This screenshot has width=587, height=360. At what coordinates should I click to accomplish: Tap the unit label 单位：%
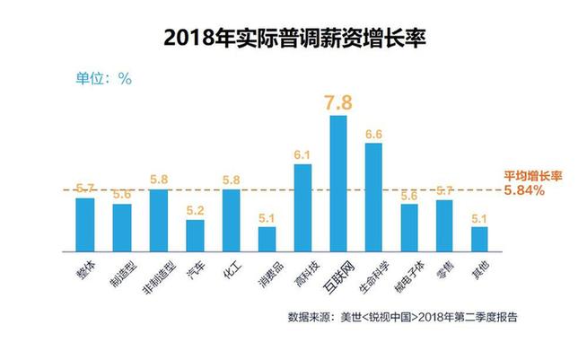click(103, 78)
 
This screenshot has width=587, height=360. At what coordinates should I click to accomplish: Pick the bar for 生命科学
click(373, 197)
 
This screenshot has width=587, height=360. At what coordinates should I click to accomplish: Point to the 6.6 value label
click(373, 134)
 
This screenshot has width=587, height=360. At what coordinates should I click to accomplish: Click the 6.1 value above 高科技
click(302, 155)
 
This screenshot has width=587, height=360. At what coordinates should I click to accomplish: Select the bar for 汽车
click(195, 235)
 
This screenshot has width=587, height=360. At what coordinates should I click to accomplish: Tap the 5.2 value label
click(195, 210)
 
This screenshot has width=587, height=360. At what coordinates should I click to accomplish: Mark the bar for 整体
click(85, 224)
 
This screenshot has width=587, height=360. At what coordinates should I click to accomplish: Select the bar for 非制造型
click(158, 220)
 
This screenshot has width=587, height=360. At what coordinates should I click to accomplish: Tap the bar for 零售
click(443, 225)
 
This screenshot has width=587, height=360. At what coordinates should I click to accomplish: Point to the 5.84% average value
click(523, 191)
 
